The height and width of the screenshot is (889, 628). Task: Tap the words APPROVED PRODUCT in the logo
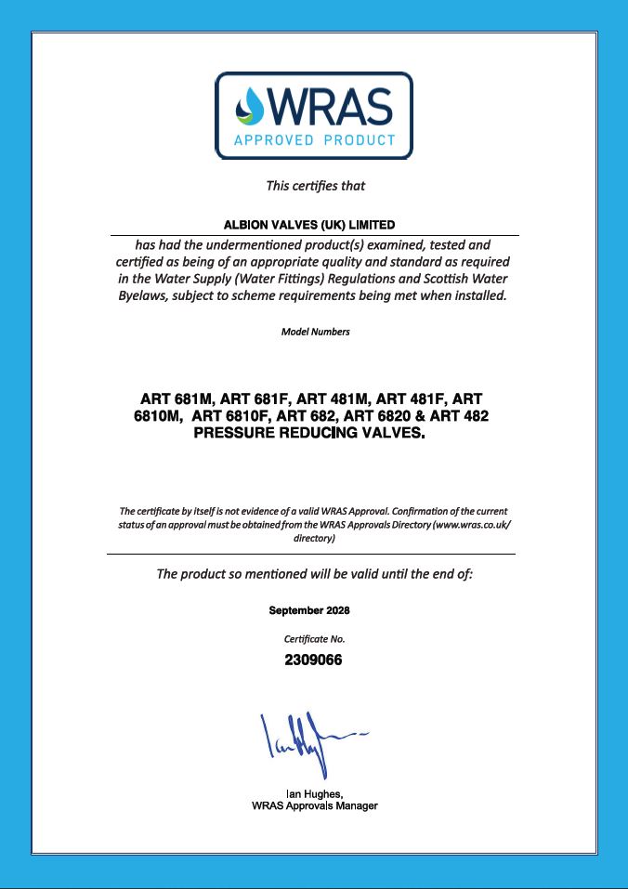pyautogui.click(x=314, y=141)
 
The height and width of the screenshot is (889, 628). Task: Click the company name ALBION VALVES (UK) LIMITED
pyautogui.click(x=309, y=225)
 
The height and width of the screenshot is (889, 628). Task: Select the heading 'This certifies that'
pyautogui.click(x=316, y=185)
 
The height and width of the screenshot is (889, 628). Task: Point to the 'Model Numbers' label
pyautogui.click(x=315, y=332)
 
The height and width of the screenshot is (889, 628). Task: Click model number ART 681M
pyautogui.click(x=177, y=399)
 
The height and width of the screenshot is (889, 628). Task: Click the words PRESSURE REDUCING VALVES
pyautogui.click(x=308, y=433)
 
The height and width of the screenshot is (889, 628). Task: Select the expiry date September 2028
pyautogui.click(x=309, y=610)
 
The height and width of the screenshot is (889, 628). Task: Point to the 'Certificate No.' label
pyautogui.click(x=314, y=639)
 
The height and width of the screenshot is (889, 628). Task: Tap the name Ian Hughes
pyautogui.click(x=313, y=794)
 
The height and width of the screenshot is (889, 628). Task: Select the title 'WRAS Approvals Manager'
pyautogui.click(x=314, y=806)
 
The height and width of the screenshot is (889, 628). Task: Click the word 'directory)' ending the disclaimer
pyautogui.click(x=314, y=538)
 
